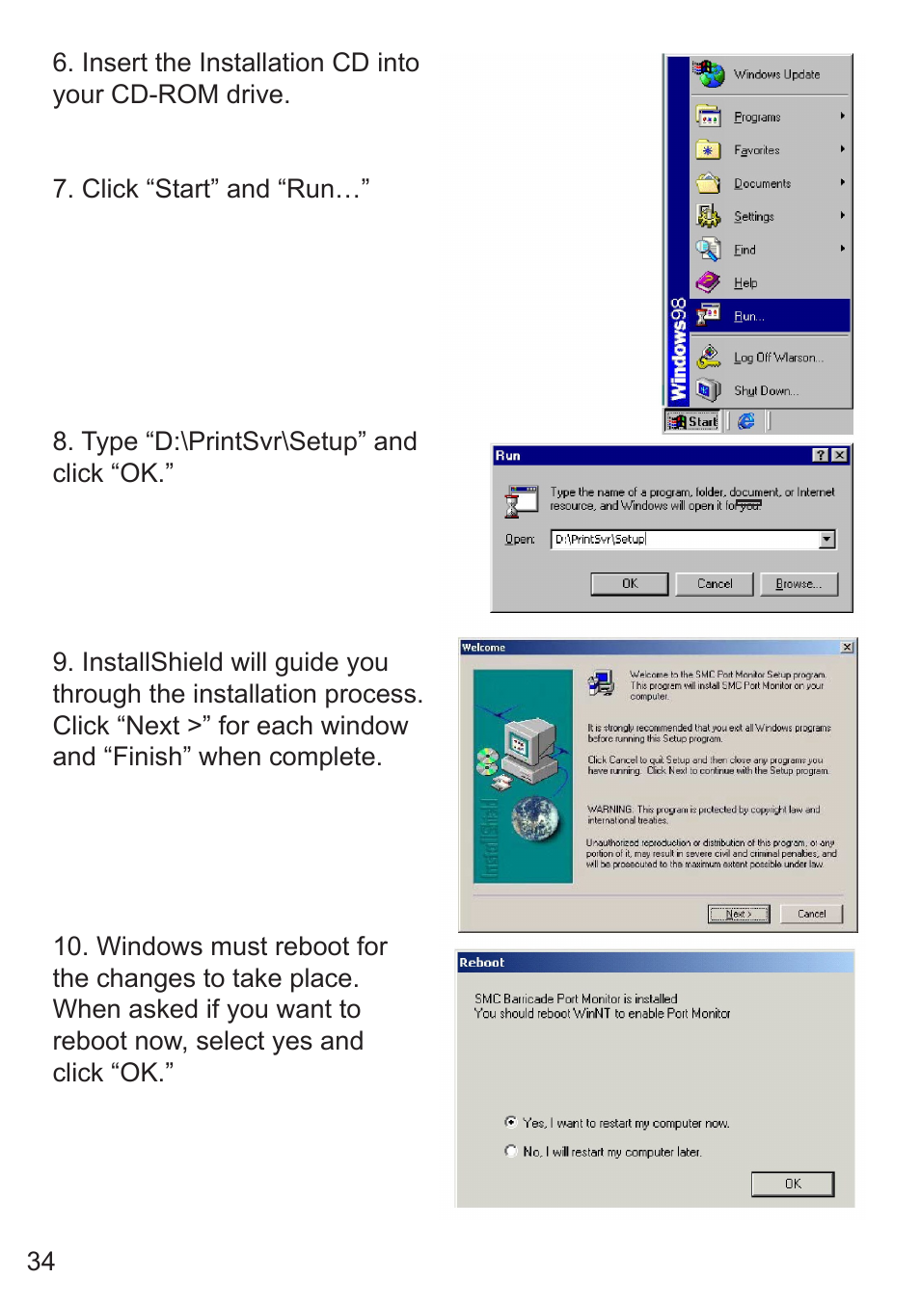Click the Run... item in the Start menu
point(749,316)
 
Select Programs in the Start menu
point(757,117)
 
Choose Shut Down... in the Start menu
point(766,390)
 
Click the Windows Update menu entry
point(776,74)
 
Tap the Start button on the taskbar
point(692,421)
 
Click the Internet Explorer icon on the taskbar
point(745,421)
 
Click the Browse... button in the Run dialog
point(798,584)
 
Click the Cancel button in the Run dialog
point(715,584)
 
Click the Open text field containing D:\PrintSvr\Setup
point(684,540)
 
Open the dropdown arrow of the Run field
point(827,540)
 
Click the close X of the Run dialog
point(840,455)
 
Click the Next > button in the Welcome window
point(739,914)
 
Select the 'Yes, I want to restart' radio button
point(511,1122)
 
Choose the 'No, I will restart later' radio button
point(511,1151)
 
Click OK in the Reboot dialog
point(793,1184)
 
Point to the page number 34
point(41,1262)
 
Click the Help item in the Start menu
point(745,283)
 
